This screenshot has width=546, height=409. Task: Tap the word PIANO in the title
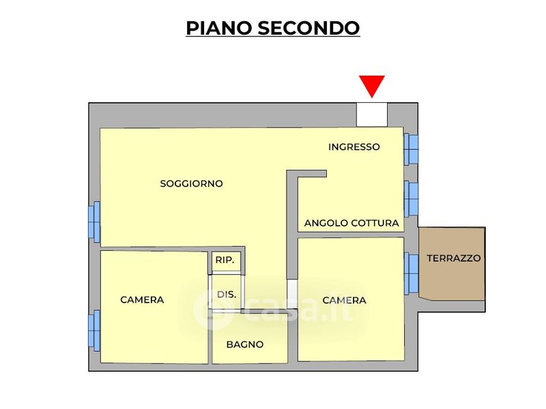[x=219, y=28]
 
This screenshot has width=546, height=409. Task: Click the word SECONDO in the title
[x=309, y=28]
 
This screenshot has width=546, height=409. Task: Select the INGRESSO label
[x=354, y=147]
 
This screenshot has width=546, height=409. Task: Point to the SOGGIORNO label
[x=192, y=183]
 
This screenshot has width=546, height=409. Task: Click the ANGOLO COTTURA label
[x=351, y=223]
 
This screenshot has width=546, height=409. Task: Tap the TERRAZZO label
[x=454, y=258]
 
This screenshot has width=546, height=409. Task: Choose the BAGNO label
[x=245, y=344]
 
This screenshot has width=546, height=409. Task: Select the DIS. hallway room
[x=227, y=292]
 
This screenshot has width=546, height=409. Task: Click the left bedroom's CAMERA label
[x=142, y=299]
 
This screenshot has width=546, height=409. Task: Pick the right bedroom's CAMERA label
[x=345, y=300]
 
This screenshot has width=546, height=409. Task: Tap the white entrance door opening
[x=372, y=115]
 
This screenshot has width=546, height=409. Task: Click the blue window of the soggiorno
[x=94, y=222]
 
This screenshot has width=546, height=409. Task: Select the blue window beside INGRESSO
[x=412, y=149]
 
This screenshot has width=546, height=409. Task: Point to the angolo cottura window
[x=412, y=199]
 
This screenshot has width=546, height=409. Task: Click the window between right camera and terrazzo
[x=412, y=273]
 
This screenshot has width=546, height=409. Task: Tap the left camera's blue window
[x=94, y=331]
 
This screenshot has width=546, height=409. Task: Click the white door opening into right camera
[x=292, y=294]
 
